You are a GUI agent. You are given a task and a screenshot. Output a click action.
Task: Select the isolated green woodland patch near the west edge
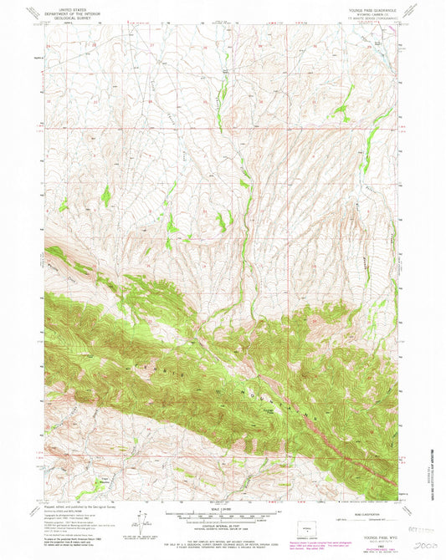pos(105,196)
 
